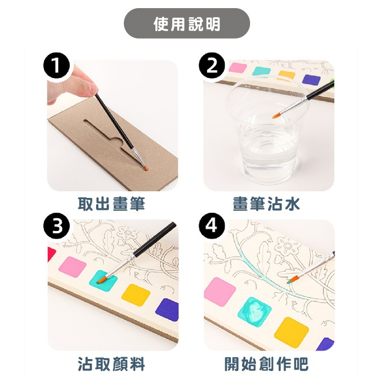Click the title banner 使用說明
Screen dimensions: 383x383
(x=187, y=23)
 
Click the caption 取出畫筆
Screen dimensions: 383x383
(x=112, y=205)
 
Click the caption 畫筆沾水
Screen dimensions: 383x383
(x=266, y=205)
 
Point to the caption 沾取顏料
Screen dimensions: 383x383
(x=112, y=365)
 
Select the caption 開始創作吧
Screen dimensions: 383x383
(x=266, y=365)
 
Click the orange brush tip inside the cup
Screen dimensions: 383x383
(x=275, y=115)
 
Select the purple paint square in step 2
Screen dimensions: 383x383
(x=312, y=80)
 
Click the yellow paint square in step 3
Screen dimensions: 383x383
(x=135, y=295)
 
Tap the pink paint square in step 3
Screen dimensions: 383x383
(x=73, y=267)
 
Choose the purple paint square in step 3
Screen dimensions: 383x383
(x=167, y=309)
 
